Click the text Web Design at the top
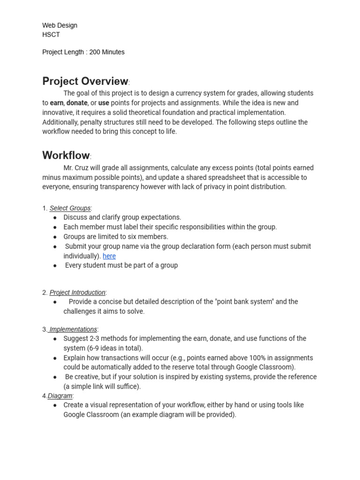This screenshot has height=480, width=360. (x=60, y=25)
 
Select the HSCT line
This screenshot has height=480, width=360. (x=51, y=35)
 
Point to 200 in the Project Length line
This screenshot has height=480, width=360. (x=95, y=52)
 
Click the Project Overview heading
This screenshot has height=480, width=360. (x=85, y=81)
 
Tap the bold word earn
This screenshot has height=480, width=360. (x=56, y=103)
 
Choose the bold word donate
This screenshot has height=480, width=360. (x=77, y=103)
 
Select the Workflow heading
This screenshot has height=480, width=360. (x=66, y=155)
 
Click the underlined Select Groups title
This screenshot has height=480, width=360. (x=70, y=208)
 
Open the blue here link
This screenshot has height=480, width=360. (x=109, y=256)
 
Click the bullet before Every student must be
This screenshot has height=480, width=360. (x=55, y=265)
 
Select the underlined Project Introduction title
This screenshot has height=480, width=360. (x=77, y=292)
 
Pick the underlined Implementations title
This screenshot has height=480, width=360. (x=73, y=330)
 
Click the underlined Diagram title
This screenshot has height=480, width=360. (x=60, y=396)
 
